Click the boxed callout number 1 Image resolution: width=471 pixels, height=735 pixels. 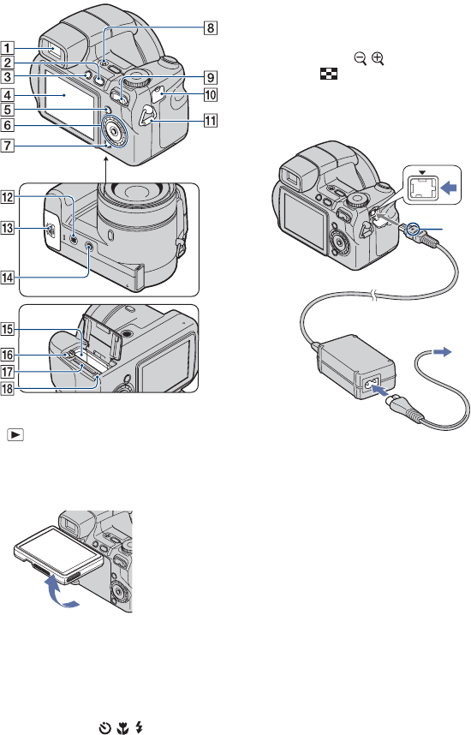[8, 48]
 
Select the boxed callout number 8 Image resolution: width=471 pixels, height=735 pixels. [211, 27]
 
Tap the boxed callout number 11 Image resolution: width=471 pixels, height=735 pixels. [211, 121]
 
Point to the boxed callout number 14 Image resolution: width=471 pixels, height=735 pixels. [8, 278]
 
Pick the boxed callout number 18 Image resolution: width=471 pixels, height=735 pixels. [8, 388]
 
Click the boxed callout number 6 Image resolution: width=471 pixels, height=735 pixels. [8, 125]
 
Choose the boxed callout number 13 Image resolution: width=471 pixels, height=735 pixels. [8, 228]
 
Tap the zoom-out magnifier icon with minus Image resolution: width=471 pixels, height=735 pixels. [360, 59]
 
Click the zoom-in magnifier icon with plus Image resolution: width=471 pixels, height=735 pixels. [378, 59]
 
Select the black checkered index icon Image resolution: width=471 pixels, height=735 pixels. [329, 74]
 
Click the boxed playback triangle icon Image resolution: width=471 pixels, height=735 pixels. [15, 435]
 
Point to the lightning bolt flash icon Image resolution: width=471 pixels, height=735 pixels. [139, 728]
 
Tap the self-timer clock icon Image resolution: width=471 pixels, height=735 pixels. [105, 728]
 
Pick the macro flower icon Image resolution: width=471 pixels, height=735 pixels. [122, 728]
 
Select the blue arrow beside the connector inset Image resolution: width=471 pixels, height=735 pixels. [449, 188]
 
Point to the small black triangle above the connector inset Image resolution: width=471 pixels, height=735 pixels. [422, 172]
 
